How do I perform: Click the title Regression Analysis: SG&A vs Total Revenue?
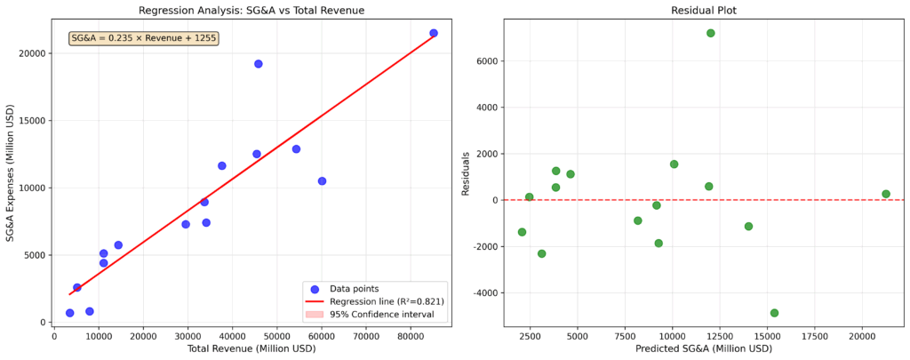[x=251, y=11]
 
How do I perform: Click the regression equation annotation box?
[x=143, y=38]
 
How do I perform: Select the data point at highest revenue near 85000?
[x=434, y=33]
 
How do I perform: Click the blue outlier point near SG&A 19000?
[x=259, y=64]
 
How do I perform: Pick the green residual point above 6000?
[x=711, y=33]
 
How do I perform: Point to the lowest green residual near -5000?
[x=774, y=313]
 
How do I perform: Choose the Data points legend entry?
[x=354, y=289]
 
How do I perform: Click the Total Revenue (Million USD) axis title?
[x=251, y=348]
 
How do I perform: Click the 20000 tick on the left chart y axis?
[x=34, y=53]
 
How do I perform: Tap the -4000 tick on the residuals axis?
[x=489, y=293]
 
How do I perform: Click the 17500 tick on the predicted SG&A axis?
[x=815, y=336]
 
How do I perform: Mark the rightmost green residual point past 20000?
[x=886, y=194]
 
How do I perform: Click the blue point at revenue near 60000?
[x=322, y=181]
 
